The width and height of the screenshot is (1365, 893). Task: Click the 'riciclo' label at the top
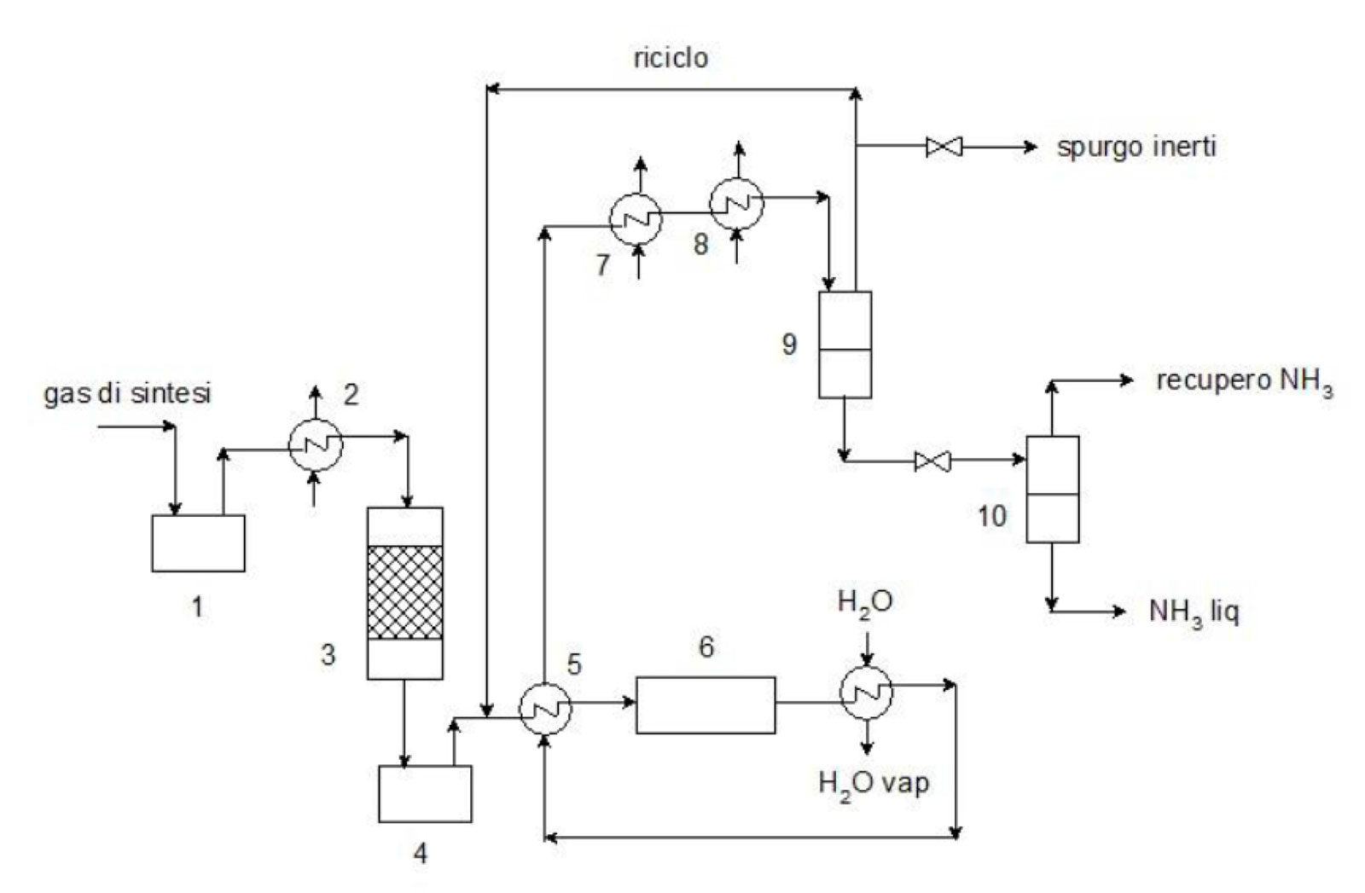671,59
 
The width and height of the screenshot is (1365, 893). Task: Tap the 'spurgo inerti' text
1136,148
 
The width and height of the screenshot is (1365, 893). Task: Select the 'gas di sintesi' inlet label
127,393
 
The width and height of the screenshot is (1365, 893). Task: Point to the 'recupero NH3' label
1245,383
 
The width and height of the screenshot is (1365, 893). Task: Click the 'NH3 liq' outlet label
1194,612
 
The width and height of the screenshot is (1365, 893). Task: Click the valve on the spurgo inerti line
944,147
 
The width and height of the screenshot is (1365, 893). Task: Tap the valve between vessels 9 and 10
932,461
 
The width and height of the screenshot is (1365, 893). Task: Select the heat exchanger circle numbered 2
315,445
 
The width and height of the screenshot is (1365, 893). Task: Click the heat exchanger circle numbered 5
545,709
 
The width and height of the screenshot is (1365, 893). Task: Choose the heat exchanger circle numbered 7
636,219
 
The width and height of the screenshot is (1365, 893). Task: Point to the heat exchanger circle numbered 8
736,204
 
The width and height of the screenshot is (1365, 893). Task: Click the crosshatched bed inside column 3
404,592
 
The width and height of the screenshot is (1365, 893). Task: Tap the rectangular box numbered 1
199,543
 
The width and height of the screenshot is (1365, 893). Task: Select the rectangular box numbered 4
426,794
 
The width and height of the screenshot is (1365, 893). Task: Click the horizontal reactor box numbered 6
706,705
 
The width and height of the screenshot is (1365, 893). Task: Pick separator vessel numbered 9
845,345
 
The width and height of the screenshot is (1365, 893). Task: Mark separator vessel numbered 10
1053,489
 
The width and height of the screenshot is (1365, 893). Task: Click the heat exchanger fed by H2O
866,693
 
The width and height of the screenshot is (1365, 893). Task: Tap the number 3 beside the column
328,655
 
